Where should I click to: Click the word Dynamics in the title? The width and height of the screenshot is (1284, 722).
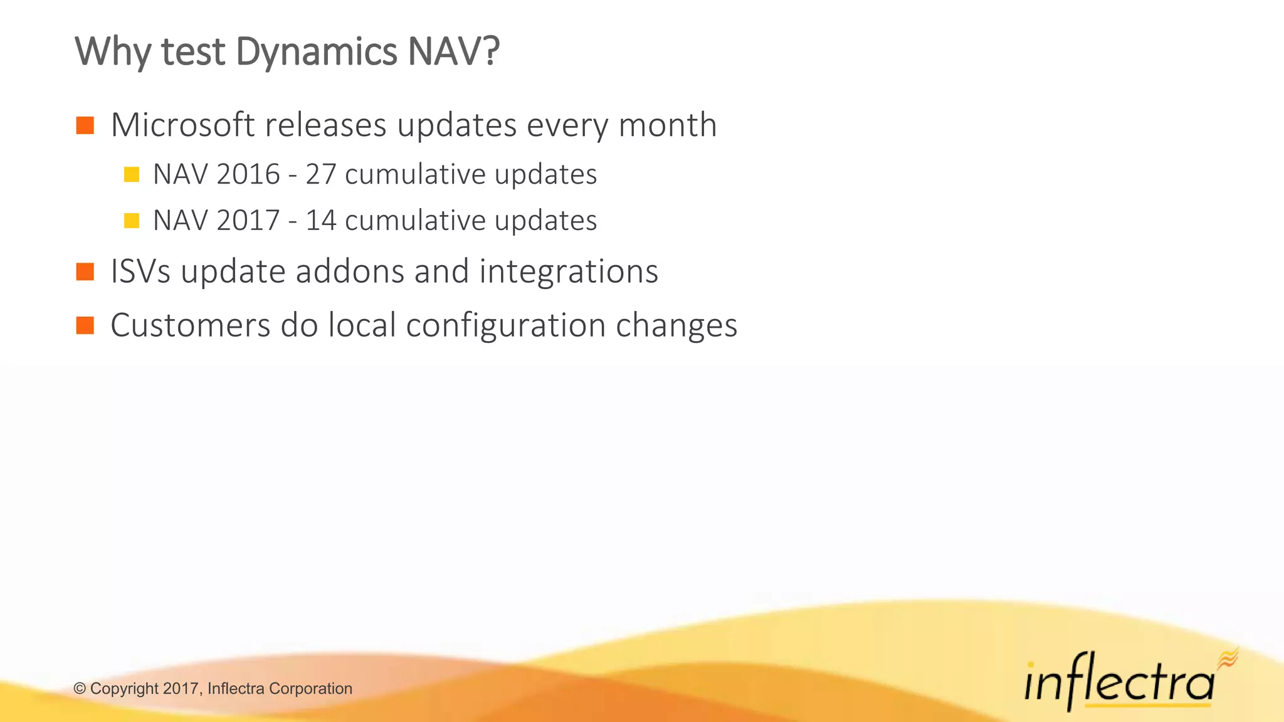pyautogui.click(x=316, y=51)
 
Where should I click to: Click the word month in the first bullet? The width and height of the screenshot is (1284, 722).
pyautogui.click(x=667, y=125)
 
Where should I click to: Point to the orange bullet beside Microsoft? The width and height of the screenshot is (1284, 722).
pyautogui.click(x=85, y=125)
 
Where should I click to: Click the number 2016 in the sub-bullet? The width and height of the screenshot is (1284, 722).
pyautogui.click(x=248, y=174)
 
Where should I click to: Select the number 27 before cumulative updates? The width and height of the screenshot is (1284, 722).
pyautogui.click(x=321, y=174)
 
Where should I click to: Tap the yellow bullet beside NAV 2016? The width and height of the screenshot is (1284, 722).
pyautogui.click(x=132, y=174)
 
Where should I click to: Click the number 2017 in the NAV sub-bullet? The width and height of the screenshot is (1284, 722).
pyautogui.click(x=248, y=221)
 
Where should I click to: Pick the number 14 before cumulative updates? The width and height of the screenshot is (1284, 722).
pyautogui.click(x=321, y=221)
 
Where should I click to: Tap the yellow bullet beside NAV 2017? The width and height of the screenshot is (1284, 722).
pyautogui.click(x=132, y=221)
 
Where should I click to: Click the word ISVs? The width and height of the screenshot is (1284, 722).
pyautogui.click(x=140, y=271)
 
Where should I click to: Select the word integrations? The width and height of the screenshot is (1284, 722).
pyautogui.click(x=569, y=271)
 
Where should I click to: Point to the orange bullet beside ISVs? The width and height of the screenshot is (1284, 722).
pyautogui.click(x=85, y=272)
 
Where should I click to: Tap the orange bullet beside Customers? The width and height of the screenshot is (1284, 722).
pyautogui.click(x=85, y=326)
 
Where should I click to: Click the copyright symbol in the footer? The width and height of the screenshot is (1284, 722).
pyautogui.click(x=80, y=689)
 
